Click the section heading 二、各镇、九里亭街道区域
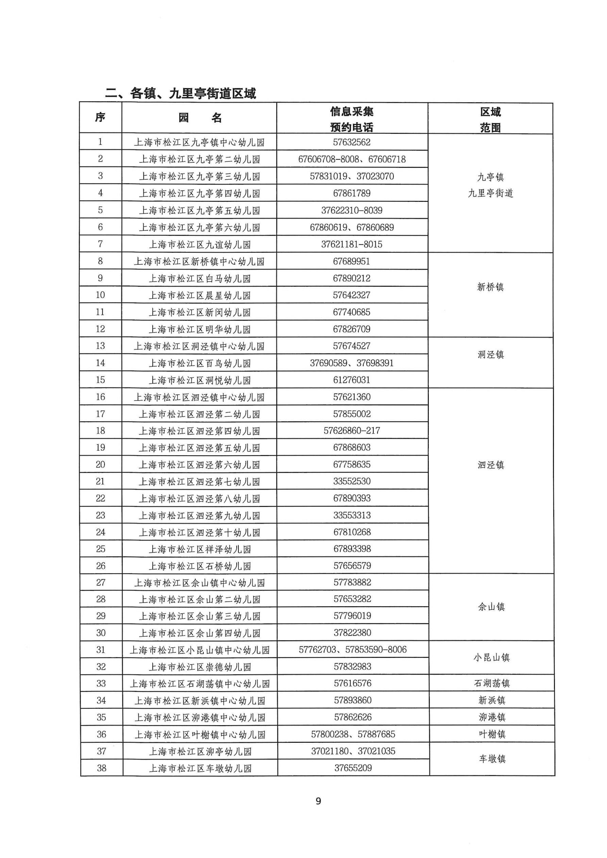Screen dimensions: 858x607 click(181, 93)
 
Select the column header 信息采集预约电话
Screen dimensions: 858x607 click(352, 119)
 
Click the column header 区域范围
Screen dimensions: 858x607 click(490, 120)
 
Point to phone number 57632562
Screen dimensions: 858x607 click(352, 142)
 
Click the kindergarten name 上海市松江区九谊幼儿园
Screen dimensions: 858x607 click(200, 244)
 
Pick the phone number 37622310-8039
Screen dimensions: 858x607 click(352, 210)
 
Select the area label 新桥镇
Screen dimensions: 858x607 click(490, 287)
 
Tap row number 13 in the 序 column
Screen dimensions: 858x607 click(100, 346)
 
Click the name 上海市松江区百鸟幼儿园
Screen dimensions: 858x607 click(200, 363)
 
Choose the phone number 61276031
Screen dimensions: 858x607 click(352, 380)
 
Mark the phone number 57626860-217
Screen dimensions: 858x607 click(352, 431)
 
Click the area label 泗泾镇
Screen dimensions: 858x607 click(491, 465)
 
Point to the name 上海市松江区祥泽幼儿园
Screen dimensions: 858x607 click(200, 549)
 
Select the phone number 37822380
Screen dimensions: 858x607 click(352, 633)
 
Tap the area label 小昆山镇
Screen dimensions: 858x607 click(491, 658)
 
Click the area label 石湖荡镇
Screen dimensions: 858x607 click(491, 683)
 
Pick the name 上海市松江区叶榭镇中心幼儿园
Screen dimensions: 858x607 click(200, 735)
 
